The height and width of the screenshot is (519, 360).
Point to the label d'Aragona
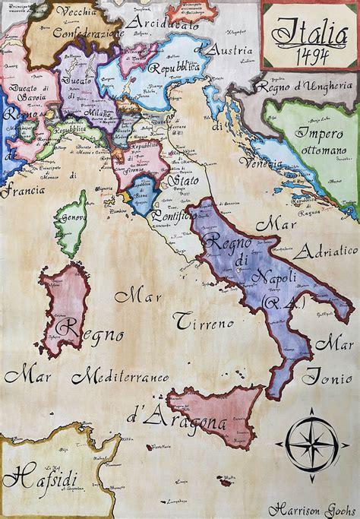175,418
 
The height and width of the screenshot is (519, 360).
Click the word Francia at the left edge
22,191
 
